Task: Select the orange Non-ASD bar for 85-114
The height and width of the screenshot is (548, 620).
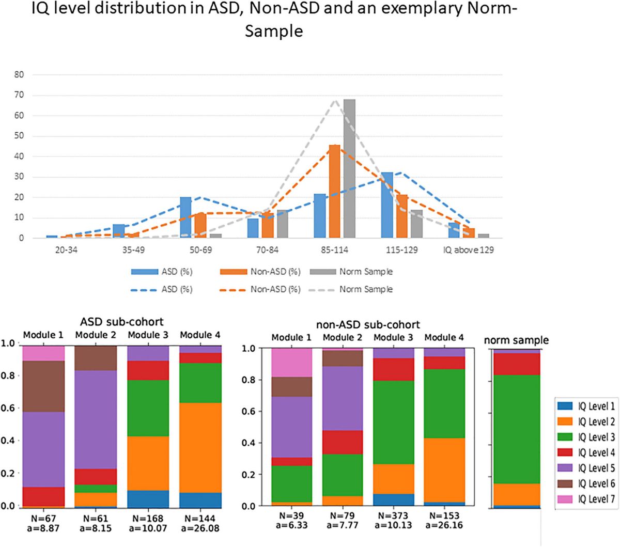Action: tap(335, 192)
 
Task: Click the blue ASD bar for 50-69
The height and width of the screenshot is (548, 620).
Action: tap(185, 217)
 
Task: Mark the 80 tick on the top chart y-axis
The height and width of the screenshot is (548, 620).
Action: tap(19, 74)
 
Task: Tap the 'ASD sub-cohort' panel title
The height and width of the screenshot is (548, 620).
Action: tap(121, 322)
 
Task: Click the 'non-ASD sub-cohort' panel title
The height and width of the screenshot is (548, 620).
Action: tap(367, 325)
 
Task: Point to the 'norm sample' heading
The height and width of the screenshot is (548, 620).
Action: tap(516, 340)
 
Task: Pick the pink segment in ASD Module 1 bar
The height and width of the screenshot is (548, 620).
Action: tap(43, 353)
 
